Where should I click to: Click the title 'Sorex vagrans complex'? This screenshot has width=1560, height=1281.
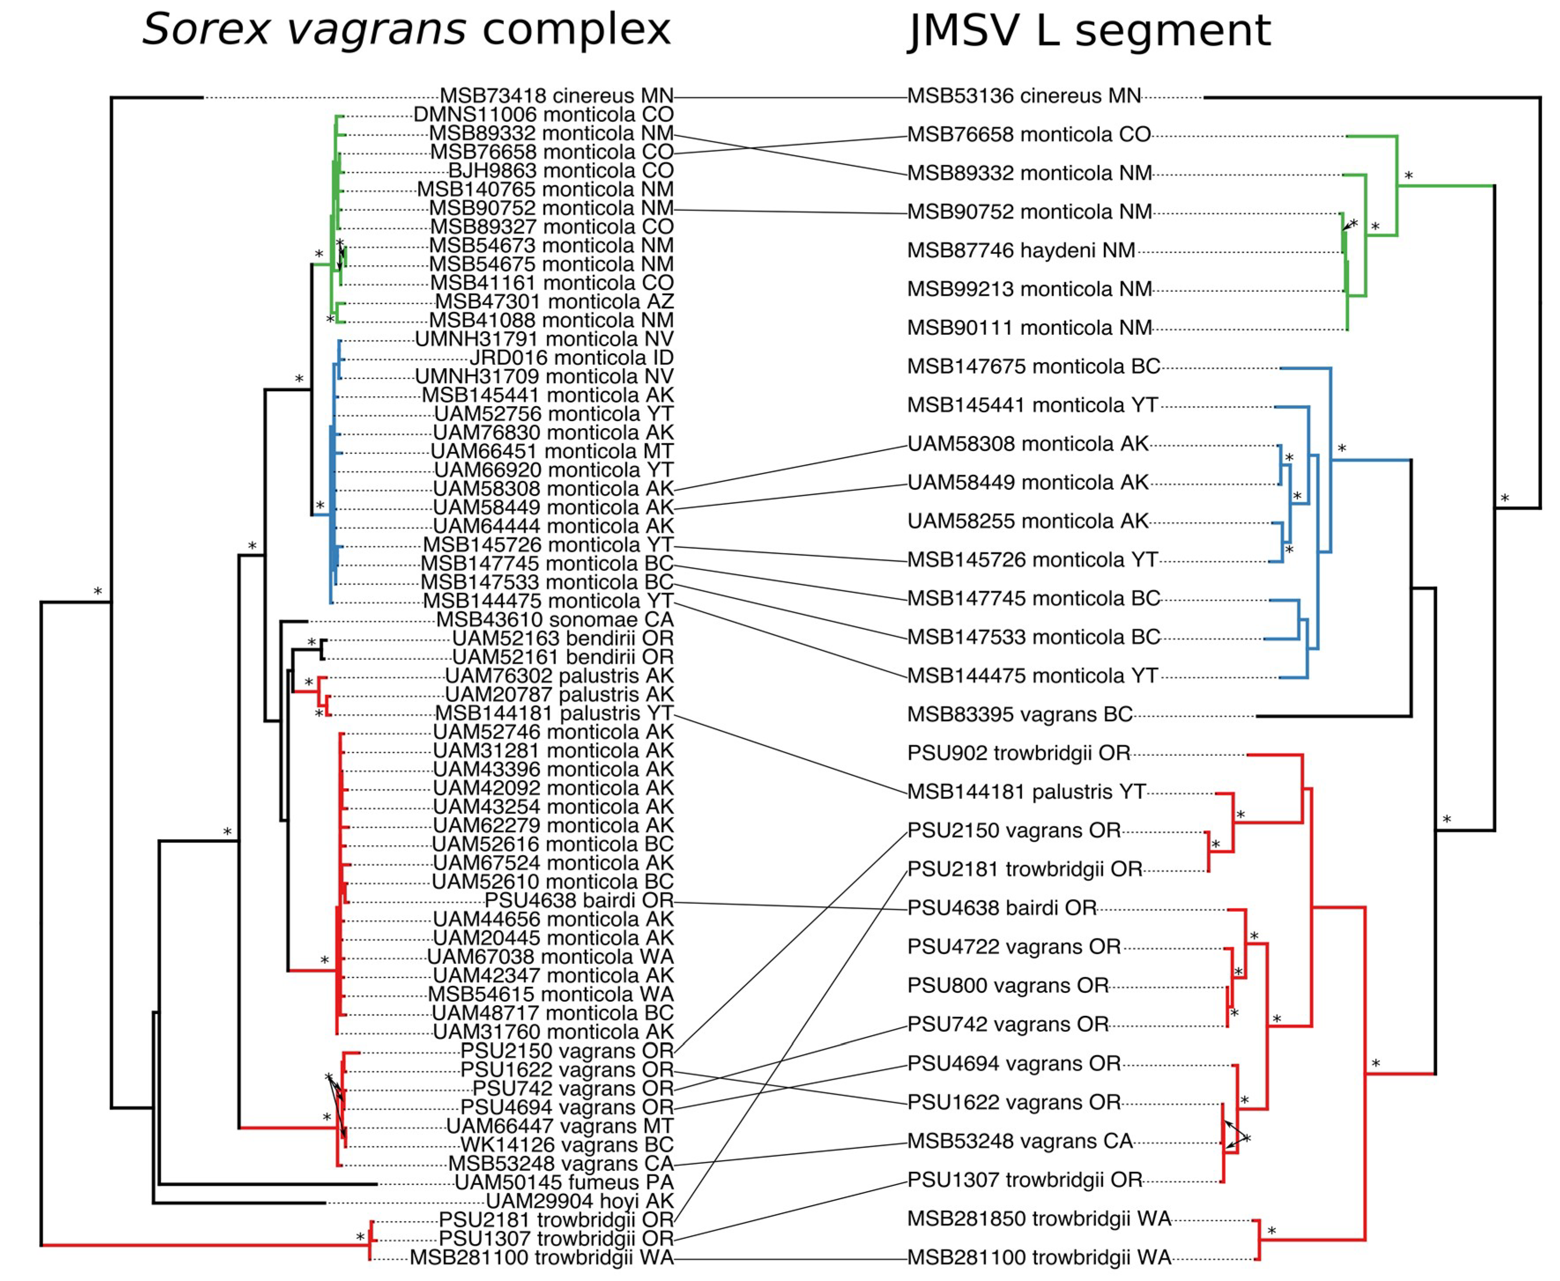[x=406, y=31]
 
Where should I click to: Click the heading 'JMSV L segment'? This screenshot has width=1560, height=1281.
[x=1089, y=31]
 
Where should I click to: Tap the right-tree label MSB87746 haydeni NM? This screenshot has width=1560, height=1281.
[x=1021, y=251]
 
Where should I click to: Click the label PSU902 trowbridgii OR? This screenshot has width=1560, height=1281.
[x=1019, y=753]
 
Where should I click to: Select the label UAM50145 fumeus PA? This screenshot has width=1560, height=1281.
[x=564, y=1183]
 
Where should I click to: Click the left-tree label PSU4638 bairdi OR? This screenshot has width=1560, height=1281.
[x=578, y=901]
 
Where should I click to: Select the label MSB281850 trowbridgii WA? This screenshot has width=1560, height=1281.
[x=1039, y=1219]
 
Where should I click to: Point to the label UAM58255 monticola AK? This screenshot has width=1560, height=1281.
[x=1027, y=522]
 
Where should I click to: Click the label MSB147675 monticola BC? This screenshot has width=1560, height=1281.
[x=1033, y=367]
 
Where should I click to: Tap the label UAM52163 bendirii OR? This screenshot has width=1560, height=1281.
[x=562, y=638]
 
